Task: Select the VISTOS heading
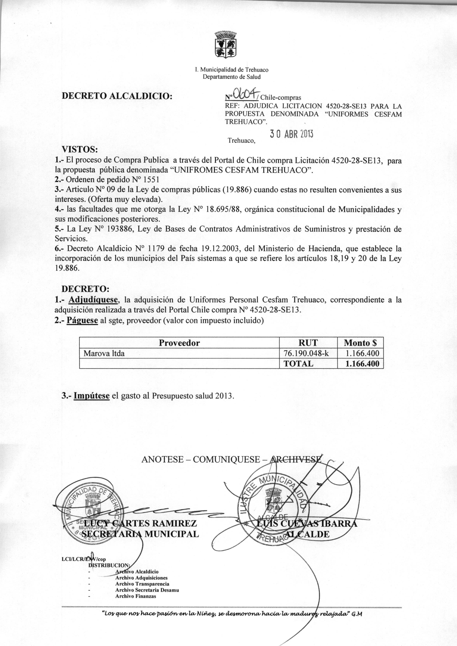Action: pyautogui.click(x=80, y=149)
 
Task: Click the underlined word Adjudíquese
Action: pyautogui.click(x=93, y=300)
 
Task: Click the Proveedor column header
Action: pyautogui.click(x=179, y=343)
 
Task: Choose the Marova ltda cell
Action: pyautogui.click(x=104, y=353)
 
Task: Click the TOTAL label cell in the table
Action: pyautogui.click(x=298, y=363)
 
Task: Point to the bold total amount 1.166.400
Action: pyautogui.click(x=362, y=363)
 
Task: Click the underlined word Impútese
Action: pyautogui.click(x=91, y=396)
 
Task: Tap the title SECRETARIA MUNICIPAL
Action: pyautogui.click(x=138, y=534)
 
